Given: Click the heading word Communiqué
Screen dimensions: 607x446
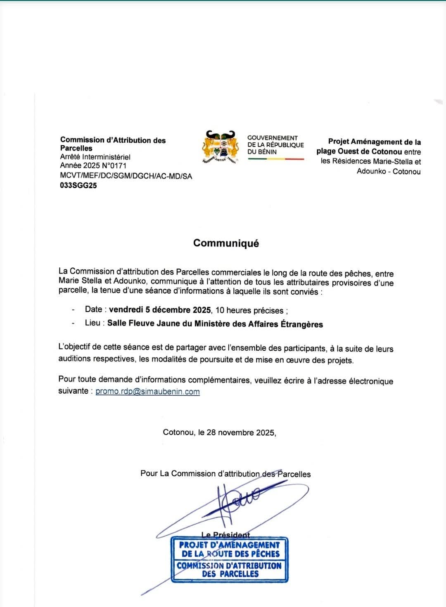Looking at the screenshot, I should point(226,243).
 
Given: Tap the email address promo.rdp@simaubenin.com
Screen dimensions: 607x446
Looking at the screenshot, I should point(147,392).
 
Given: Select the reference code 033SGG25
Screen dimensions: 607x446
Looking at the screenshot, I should point(78,185).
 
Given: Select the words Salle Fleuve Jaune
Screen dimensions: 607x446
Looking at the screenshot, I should point(144,324).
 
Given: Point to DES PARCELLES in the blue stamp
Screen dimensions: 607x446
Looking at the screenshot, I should point(230,574).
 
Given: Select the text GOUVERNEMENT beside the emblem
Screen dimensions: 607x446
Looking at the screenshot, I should point(272,138).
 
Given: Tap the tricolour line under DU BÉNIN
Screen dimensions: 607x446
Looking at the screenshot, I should point(276,159).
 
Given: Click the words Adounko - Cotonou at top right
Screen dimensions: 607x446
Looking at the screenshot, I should point(389,171).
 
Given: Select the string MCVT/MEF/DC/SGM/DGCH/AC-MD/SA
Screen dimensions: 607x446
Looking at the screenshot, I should point(126,176).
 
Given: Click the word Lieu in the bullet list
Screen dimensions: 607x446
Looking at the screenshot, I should point(93,323).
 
